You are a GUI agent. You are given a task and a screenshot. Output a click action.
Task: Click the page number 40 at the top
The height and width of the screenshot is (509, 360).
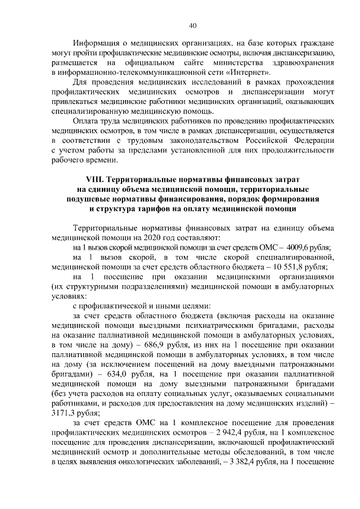pos(192,25)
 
